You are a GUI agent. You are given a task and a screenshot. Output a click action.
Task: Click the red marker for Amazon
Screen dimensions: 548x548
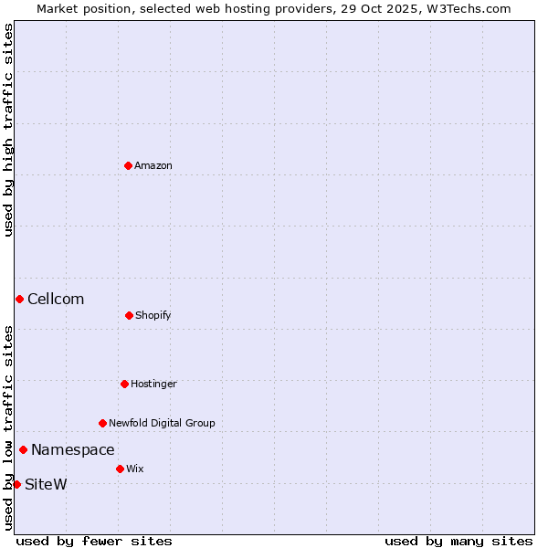(128, 165)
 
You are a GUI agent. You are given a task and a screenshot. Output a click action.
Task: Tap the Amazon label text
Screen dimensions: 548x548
(153, 165)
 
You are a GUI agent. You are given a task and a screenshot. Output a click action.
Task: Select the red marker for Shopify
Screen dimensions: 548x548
(129, 315)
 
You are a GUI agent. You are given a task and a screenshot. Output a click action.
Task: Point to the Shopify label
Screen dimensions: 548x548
(153, 315)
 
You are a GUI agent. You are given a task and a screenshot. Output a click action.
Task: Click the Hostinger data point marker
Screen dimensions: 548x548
(124, 384)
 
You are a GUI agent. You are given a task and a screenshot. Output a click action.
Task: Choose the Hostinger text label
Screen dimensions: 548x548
(153, 384)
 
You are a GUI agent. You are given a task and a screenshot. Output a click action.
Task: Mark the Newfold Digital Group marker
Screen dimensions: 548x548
(102, 423)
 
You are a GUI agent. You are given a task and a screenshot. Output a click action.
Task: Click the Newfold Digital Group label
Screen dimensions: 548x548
(162, 423)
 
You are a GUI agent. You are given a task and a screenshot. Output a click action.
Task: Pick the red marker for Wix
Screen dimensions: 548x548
(120, 469)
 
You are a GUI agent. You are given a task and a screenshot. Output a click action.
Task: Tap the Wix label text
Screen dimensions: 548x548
(134, 469)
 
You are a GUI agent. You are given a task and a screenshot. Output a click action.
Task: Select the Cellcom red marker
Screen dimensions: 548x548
(19, 299)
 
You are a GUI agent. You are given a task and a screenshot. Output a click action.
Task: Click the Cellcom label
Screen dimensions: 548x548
(56, 299)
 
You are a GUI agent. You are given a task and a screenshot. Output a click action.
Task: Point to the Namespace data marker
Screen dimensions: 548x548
(23, 449)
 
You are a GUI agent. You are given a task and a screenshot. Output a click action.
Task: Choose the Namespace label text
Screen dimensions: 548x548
(73, 449)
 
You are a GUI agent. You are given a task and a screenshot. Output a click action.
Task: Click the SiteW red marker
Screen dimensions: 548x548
(16, 484)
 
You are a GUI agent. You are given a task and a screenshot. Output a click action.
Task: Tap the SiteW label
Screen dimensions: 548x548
(46, 484)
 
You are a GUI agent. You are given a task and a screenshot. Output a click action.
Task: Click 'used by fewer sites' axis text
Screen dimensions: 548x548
(94, 541)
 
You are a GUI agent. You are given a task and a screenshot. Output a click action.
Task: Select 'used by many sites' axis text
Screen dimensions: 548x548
(458, 541)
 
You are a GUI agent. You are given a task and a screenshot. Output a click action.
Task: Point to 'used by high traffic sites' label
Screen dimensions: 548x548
(8, 130)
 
